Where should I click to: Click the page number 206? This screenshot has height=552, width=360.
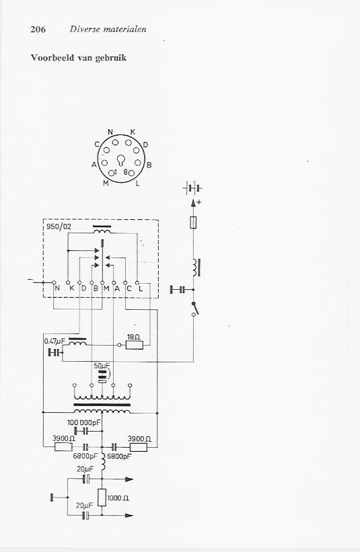tap(38, 29)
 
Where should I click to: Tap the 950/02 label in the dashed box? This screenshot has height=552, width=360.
tap(59, 227)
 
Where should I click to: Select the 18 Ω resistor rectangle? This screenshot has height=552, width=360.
tap(135, 345)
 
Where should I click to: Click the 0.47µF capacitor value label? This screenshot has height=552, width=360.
tap(55, 341)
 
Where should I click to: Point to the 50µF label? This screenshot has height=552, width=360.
tap(102, 366)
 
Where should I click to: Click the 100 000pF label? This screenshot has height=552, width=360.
tap(84, 422)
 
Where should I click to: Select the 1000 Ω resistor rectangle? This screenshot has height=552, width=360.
tap(102, 498)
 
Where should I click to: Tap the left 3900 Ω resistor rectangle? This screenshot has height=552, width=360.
tap(64, 447)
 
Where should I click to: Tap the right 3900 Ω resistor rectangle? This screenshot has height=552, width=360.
tap(139, 447)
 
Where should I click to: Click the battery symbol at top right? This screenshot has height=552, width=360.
tap(192, 188)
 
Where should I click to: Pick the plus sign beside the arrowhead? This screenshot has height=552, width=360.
tap(199, 202)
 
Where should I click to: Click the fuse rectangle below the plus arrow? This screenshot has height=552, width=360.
tap(193, 223)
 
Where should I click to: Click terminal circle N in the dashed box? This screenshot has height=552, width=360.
tap(55, 282)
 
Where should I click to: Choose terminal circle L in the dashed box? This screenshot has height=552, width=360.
tap(137, 282)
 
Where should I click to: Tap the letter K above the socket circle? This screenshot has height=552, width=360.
tap(133, 132)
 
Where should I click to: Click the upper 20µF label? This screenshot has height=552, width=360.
tap(85, 469)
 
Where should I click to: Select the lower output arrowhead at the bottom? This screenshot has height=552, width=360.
tap(129, 516)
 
